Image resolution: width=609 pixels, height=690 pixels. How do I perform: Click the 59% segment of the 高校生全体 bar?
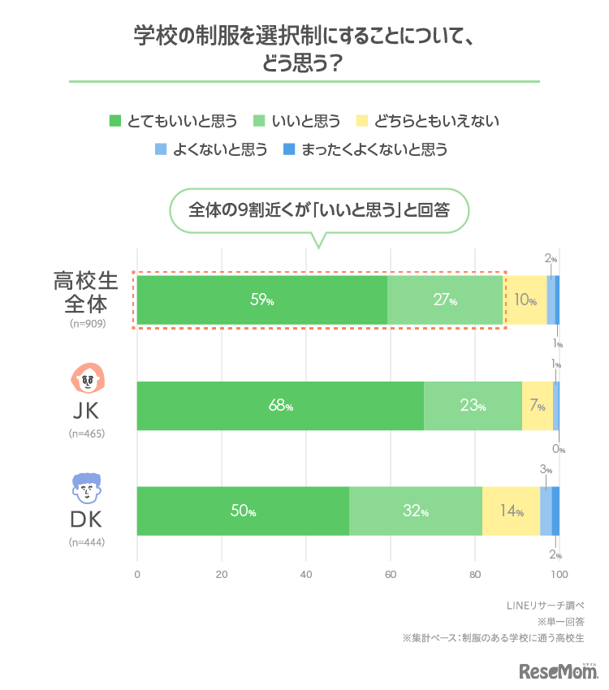261,300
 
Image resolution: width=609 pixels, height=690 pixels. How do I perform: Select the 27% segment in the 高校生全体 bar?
445,300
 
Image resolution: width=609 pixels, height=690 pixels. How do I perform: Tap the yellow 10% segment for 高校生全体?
525,300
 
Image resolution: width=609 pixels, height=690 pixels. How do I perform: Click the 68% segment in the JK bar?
280,406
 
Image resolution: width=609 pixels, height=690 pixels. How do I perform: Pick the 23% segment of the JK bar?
473,406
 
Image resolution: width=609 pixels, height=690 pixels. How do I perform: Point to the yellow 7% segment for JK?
537,406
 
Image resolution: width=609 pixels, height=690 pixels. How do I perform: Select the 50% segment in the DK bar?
242,511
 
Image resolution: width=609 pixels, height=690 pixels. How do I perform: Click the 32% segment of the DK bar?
416,511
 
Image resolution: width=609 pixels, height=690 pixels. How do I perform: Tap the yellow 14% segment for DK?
511,511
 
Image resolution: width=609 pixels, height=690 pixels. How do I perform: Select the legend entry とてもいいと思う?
173,121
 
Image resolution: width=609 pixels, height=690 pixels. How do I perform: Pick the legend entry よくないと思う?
210,149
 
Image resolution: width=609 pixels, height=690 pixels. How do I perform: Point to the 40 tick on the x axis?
305,575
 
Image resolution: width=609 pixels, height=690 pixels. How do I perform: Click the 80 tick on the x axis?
474,575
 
